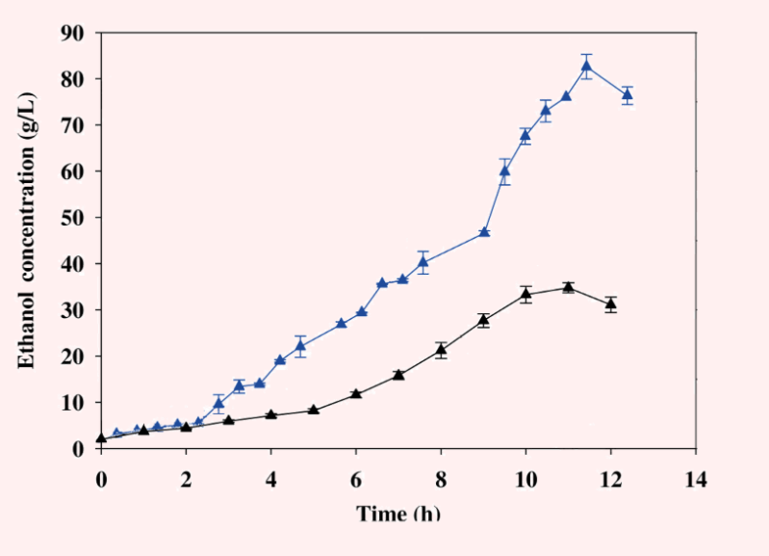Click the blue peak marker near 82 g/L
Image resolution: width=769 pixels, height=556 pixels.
coord(586,66)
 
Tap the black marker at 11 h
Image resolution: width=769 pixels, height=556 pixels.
coord(569,286)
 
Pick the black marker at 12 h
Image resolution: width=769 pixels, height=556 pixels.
coord(611,304)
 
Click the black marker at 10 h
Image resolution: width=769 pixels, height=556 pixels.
coord(526,294)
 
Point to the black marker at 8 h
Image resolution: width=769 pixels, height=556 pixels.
coord(441,350)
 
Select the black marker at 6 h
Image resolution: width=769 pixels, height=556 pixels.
coord(356,393)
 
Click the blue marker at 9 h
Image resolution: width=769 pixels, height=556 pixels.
coord(484,232)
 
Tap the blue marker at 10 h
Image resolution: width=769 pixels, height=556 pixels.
coord(525,135)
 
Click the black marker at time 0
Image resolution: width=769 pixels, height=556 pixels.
coord(101,438)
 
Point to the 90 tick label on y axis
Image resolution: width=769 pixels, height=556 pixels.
coord(74,33)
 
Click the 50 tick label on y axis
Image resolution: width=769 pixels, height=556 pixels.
coord(74,218)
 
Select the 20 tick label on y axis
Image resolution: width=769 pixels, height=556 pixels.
coord(74,357)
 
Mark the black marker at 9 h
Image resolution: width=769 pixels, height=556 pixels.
coord(484,320)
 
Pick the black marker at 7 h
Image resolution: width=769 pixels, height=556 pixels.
coord(398,374)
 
